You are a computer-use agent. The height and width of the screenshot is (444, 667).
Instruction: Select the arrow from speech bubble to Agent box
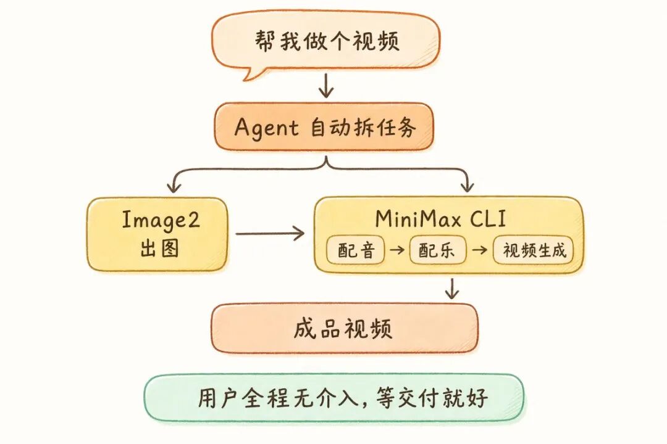tap(326, 86)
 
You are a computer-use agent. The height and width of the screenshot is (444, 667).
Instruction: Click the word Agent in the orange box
tap(266, 128)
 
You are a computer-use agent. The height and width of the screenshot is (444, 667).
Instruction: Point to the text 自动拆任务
tap(363, 128)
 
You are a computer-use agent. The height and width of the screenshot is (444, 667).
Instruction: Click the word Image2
tap(161, 221)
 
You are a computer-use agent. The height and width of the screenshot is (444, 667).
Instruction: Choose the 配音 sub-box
tap(356, 250)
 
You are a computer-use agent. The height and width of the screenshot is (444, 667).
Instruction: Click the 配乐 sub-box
tap(438, 250)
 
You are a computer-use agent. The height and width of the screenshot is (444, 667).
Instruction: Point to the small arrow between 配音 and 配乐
tap(397, 250)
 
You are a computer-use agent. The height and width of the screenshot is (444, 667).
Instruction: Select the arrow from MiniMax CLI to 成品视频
tap(453, 289)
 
